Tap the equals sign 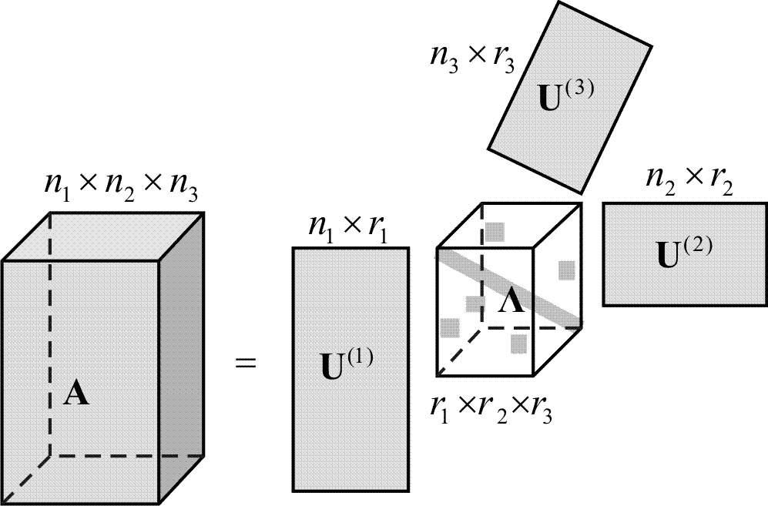pos(244,361)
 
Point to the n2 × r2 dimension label pos(689,182)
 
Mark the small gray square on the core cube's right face pos(567,270)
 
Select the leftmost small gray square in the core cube pos(449,328)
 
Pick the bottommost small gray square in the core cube pos(518,343)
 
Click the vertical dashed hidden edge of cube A pos(51,331)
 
